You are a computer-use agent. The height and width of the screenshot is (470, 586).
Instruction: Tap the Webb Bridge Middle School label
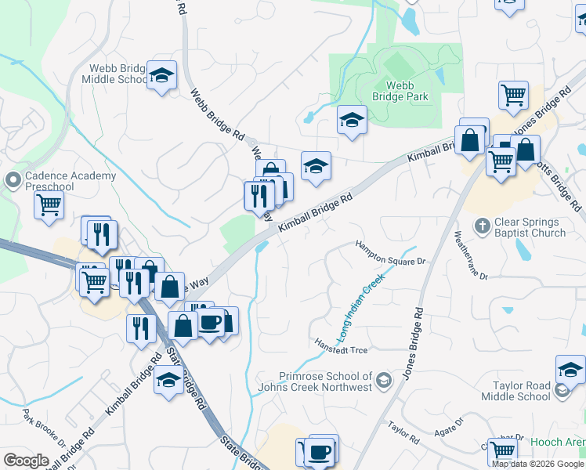point(114,74)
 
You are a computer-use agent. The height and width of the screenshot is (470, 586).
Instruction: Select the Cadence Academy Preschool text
point(70,182)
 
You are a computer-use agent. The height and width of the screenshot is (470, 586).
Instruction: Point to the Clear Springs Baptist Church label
point(530,227)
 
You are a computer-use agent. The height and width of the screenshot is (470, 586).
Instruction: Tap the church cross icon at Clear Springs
point(483,227)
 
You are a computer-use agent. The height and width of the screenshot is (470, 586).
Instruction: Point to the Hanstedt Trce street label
point(341,349)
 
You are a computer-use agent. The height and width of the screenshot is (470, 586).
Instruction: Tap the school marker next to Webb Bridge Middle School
point(161,76)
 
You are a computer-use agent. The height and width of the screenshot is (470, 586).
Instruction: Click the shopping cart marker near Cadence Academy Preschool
point(49,206)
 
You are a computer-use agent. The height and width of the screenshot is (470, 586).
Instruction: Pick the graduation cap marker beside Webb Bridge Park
point(353,120)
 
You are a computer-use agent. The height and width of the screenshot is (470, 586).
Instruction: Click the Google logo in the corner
point(26,461)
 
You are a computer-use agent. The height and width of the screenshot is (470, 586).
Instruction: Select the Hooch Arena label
point(559,443)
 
